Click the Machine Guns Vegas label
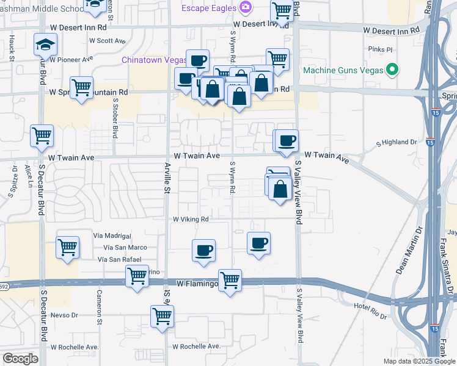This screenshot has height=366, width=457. (343, 70)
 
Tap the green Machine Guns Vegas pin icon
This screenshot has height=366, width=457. (393, 70)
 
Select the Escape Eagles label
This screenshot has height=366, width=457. (208, 7)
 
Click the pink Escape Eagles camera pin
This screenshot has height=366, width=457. (246, 7)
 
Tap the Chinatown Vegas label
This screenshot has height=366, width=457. (154, 60)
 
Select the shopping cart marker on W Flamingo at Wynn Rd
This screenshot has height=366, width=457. (230, 281)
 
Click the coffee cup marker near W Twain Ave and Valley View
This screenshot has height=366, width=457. (287, 141)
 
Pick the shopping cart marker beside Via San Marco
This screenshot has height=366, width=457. (67, 248)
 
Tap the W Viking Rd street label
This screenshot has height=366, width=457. (191, 219)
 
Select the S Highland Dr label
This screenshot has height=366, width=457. (396, 142)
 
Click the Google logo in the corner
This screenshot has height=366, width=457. (20, 359)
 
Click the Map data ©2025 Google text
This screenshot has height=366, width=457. (419, 361)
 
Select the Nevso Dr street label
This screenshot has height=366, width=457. (65, 315)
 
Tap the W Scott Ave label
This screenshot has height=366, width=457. (108, 41)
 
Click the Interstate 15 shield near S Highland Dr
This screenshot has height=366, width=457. (431, 142)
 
